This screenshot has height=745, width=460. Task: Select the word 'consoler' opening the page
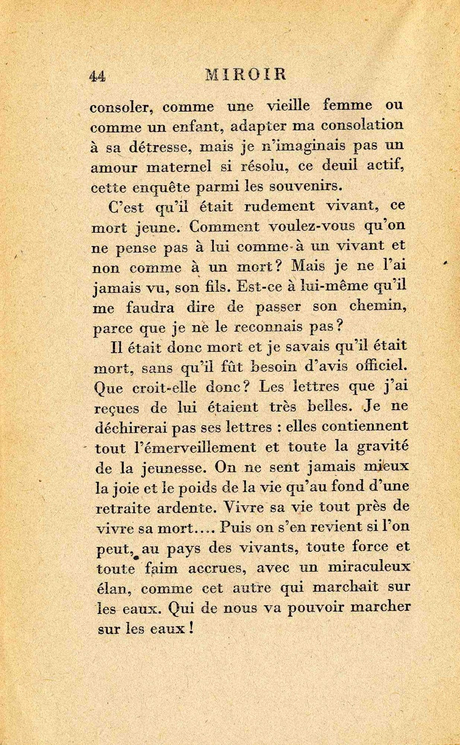[120, 108]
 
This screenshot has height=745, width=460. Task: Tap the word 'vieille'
[289, 106]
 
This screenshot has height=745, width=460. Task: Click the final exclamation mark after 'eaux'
[191, 629]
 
